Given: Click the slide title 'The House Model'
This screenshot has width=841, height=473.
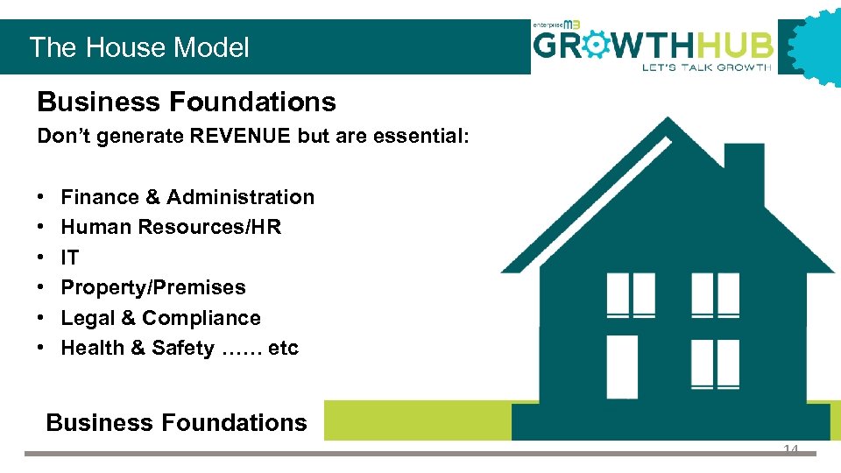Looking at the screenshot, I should click(x=139, y=47).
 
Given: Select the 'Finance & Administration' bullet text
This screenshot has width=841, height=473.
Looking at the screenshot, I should click(x=187, y=197).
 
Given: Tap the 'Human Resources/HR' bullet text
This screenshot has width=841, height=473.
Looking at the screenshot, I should click(x=171, y=227).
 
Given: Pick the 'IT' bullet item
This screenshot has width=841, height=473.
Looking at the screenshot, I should click(x=70, y=258).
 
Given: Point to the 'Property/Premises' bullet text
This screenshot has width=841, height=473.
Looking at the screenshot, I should click(x=153, y=287).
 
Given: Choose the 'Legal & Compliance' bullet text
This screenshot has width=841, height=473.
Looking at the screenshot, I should click(x=161, y=318).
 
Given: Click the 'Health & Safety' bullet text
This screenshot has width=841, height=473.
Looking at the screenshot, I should click(x=138, y=348).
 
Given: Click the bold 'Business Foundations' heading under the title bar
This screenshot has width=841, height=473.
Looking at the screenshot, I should click(x=187, y=102).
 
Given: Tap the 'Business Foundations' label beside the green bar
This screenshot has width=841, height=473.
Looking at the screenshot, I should click(x=176, y=422).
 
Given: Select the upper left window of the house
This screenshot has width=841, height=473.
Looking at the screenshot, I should click(x=631, y=294).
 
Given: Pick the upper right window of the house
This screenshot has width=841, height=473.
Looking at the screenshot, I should click(x=715, y=294).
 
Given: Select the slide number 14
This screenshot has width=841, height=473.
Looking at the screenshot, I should click(x=791, y=448).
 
